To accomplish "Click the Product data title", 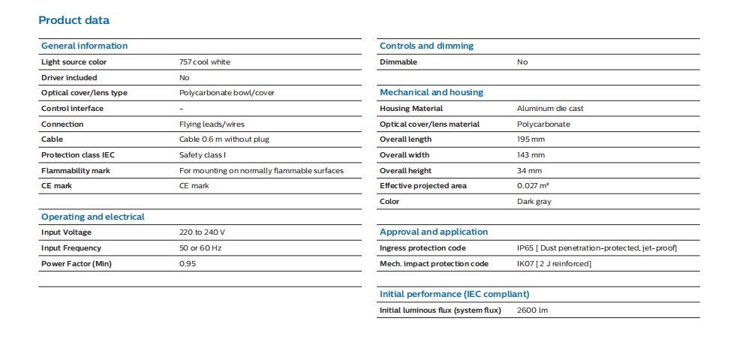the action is click(74, 20).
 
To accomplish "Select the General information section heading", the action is click(85, 46).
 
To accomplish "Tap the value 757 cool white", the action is click(205, 61).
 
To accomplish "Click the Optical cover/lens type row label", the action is click(85, 93).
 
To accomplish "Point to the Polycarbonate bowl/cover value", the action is click(227, 93).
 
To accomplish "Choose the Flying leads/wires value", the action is click(212, 124).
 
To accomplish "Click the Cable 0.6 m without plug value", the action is click(224, 139).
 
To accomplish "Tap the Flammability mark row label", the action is click(76, 170).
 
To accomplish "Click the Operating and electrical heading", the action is click(93, 217).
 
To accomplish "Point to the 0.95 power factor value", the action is click(188, 263).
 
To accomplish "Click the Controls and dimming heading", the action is click(426, 46).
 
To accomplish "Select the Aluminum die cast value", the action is click(550, 109).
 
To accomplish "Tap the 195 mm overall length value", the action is click(531, 139).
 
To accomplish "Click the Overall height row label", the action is click(405, 170).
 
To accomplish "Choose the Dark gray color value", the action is click(534, 202).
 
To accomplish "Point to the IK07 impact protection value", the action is click(554, 263).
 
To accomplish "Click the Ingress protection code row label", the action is click(423, 248).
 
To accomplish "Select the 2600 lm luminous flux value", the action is click(532, 310).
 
